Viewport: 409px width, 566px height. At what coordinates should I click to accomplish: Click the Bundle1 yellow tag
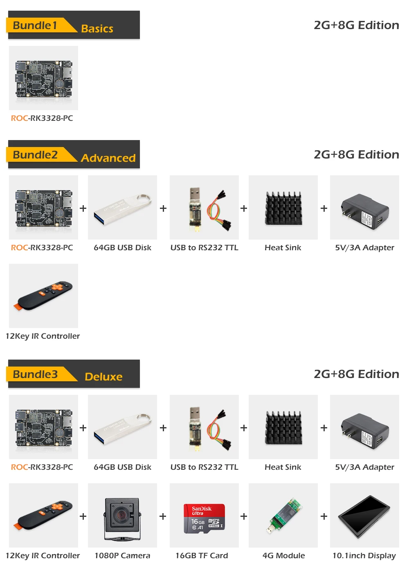tap(38, 25)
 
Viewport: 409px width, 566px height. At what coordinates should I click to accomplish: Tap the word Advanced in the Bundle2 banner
tap(108, 158)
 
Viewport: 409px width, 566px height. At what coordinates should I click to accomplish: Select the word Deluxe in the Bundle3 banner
tap(104, 377)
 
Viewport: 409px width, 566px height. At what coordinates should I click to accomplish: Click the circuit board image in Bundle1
tap(44, 79)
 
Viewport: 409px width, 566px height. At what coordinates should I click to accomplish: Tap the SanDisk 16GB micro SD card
tap(204, 518)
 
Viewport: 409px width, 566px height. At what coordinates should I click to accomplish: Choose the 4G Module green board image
tap(283, 516)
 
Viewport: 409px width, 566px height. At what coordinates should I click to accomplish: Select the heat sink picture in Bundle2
tap(283, 208)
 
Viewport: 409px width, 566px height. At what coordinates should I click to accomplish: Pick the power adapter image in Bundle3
tap(365, 431)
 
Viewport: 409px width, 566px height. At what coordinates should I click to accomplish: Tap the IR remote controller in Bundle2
tap(43, 296)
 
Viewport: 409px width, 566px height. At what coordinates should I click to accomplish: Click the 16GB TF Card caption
tap(202, 556)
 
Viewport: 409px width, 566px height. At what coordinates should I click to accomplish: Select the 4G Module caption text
tap(283, 556)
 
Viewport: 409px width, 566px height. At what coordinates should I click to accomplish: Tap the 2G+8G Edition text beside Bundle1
tap(356, 25)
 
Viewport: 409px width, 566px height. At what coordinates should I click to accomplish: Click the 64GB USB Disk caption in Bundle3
tap(123, 467)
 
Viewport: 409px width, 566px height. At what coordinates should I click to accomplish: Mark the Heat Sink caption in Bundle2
tap(283, 248)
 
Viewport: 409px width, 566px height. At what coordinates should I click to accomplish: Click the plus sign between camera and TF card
tap(163, 516)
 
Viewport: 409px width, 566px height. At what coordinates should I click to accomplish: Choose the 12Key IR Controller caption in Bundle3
tap(43, 556)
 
